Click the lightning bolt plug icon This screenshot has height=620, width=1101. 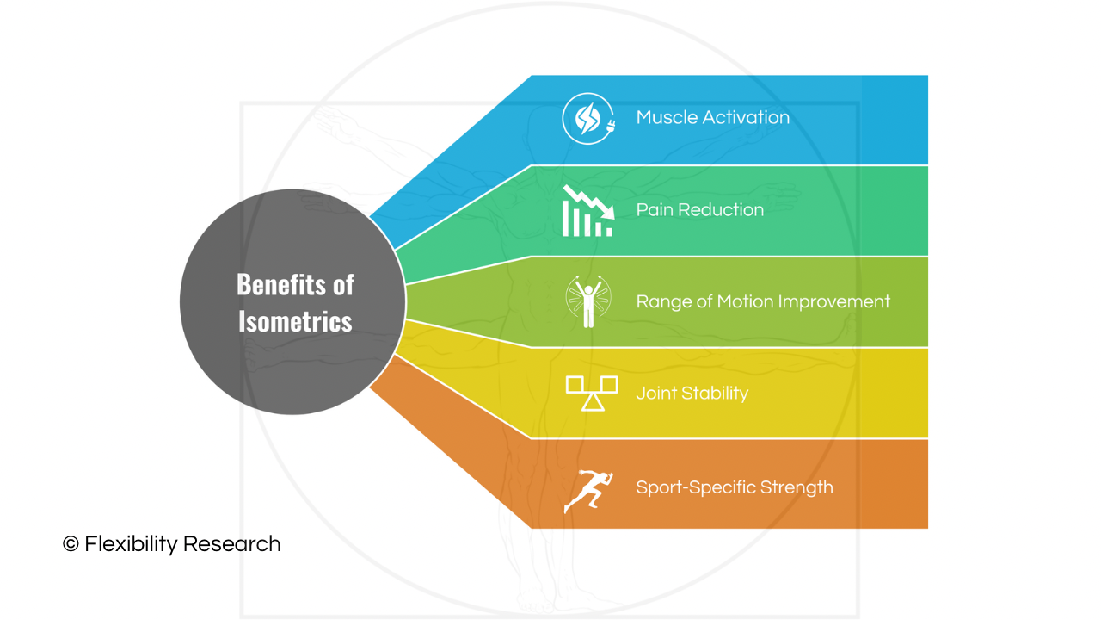click(x=588, y=119)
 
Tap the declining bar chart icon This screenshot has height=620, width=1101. click(x=588, y=211)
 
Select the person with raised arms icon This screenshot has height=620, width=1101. click(x=588, y=301)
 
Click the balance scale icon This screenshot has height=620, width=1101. click(x=592, y=394)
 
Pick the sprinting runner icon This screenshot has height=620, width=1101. click(x=588, y=491)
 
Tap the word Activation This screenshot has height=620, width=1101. click(x=746, y=117)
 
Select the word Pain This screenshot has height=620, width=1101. click(x=652, y=209)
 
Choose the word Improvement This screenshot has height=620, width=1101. click(x=834, y=301)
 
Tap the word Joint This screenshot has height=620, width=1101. click(x=656, y=393)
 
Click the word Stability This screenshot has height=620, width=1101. click(x=715, y=394)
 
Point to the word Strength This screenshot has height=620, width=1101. click(x=797, y=487)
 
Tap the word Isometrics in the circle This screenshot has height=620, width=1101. click(x=295, y=321)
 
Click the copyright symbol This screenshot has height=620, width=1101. click(x=71, y=544)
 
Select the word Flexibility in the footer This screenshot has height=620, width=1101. click(x=131, y=544)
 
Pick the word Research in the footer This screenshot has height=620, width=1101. click(x=232, y=544)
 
